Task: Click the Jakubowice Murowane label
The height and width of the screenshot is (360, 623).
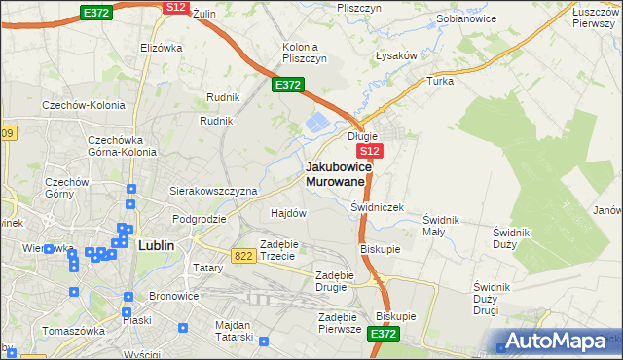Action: tap(337, 174)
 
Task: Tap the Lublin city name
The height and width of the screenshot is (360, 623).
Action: tap(156, 245)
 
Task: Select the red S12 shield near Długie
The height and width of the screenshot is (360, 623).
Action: tap(370, 152)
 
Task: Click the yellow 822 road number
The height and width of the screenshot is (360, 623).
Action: tap(244, 255)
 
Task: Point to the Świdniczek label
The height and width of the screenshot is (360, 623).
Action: tap(376, 207)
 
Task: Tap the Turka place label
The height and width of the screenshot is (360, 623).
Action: tap(440, 81)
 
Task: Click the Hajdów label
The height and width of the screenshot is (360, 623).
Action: tap(288, 212)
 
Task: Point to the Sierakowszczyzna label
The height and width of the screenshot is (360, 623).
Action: tap(213, 191)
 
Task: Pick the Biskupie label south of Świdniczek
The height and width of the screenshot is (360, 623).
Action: tap(381, 248)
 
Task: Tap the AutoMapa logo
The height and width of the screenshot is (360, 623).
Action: tap(557, 342)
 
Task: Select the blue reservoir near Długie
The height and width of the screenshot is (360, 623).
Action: tap(318, 124)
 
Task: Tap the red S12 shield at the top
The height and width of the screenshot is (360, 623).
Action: tap(175, 7)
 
